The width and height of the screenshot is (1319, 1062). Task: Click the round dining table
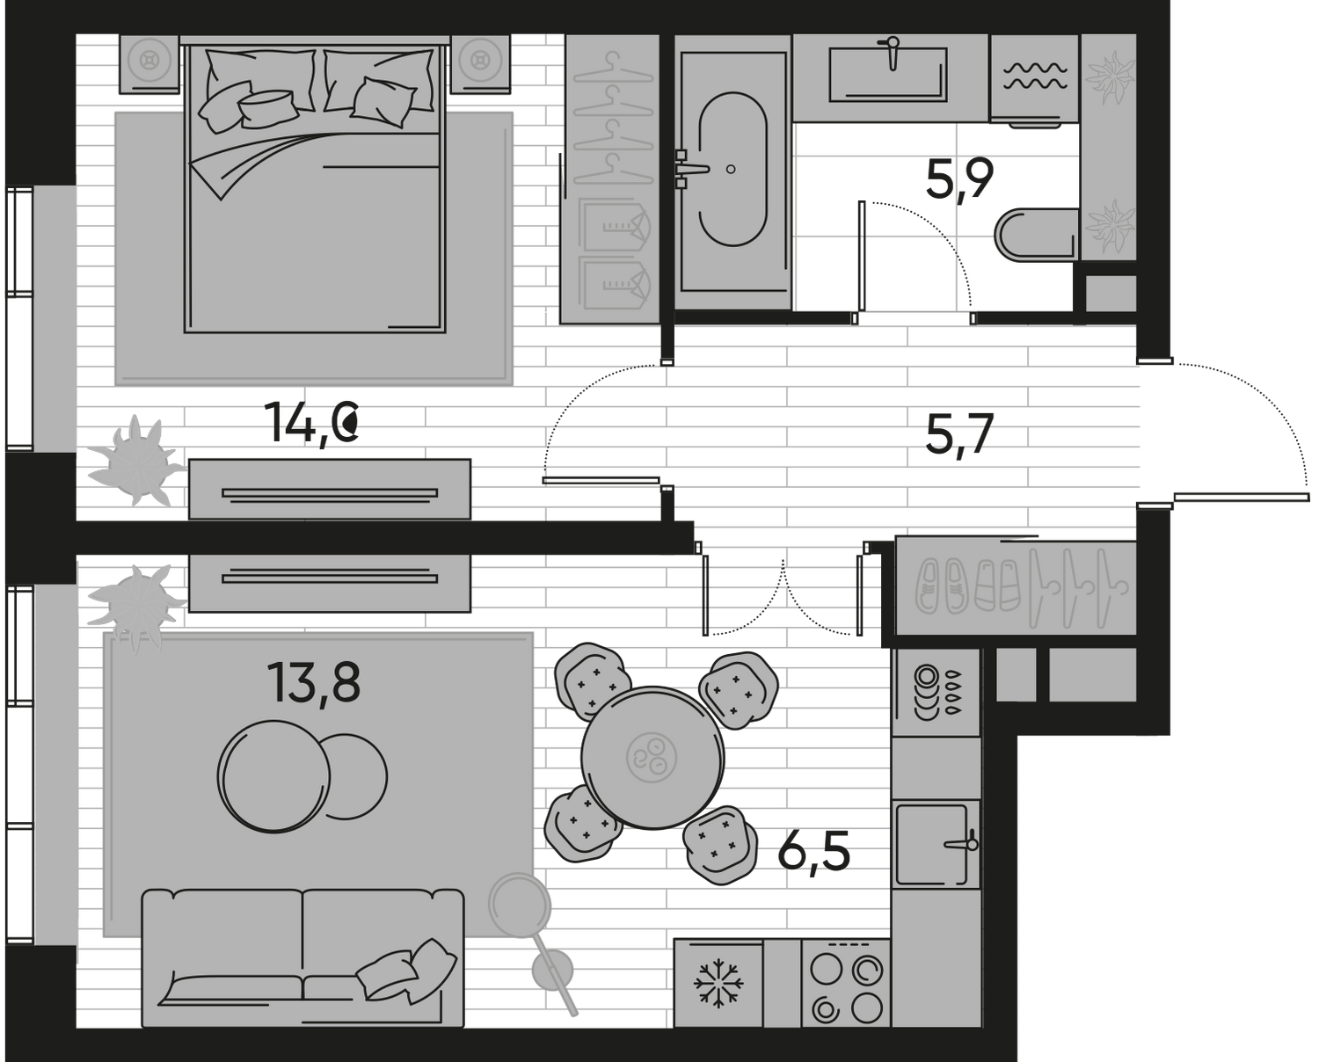(x=653, y=756)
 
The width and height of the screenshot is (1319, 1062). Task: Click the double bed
(x=312, y=189)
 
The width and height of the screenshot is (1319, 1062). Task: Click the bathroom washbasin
(x=888, y=69)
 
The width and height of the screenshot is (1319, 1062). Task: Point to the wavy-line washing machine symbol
(x=1034, y=77)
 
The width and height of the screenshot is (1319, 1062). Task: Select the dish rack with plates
(x=935, y=692)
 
